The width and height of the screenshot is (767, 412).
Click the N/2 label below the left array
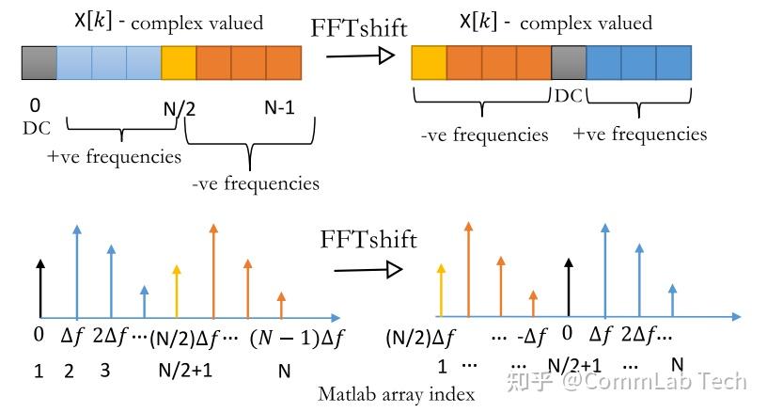click(x=180, y=108)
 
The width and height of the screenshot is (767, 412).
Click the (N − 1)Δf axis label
click(x=300, y=338)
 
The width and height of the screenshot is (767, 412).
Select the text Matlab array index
click(x=396, y=393)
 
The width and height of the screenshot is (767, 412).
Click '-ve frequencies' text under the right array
click(x=484, y=135)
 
